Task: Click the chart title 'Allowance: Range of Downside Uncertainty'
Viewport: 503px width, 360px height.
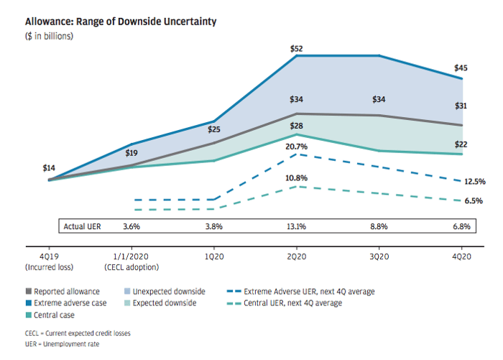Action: point(121,22)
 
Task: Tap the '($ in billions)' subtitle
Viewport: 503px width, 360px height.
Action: point(50,36)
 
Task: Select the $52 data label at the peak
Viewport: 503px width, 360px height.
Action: point(296,49)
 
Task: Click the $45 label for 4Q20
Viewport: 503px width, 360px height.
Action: point(461,68)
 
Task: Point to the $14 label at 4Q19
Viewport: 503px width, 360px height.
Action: point(49,168)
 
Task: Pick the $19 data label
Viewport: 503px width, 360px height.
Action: point(131,153)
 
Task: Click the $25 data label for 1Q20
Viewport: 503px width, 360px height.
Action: point(213,130)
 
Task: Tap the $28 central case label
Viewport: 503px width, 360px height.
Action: point(296,126)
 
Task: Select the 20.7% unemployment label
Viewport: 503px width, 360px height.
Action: point(296,147)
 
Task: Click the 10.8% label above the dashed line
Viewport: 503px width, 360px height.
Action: point(296,177)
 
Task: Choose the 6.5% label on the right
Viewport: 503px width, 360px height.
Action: point(474,201)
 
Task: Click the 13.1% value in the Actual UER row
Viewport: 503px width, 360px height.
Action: point(296,226)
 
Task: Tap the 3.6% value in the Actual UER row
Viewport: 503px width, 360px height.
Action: point(131,226)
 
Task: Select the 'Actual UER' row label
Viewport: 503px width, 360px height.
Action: point(83,226)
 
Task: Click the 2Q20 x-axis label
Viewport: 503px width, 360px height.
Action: point(296,257)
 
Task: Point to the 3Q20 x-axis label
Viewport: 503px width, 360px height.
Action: point(379,257)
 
